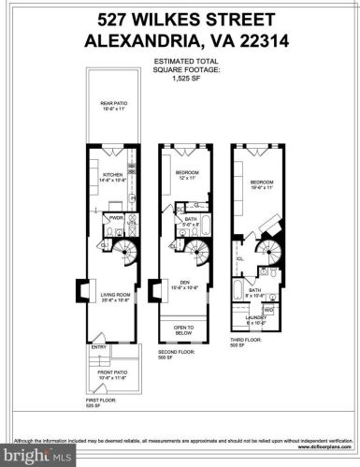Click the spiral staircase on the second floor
pyautogui.click(x=199, y=250)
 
